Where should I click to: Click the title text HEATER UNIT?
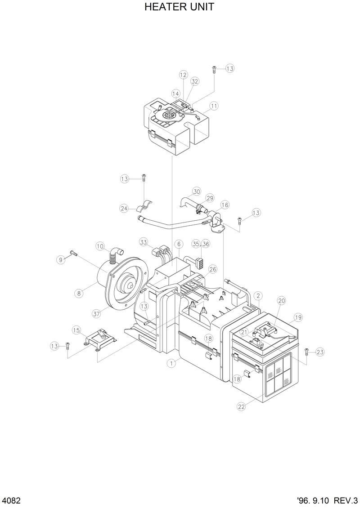pos(179,7)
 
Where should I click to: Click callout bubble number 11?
pos(214,106)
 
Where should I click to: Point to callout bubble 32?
pos(194,81)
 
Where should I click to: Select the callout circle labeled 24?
pos(124,208)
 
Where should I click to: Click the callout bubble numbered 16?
pos(225,205)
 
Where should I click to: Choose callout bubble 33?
pos(144,242)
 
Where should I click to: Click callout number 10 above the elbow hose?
pos(100,246)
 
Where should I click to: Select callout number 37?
pos(96,314)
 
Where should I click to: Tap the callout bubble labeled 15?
pos(76,330)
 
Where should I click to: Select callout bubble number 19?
pos(297,317)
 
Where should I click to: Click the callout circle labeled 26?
pos(212,269)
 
